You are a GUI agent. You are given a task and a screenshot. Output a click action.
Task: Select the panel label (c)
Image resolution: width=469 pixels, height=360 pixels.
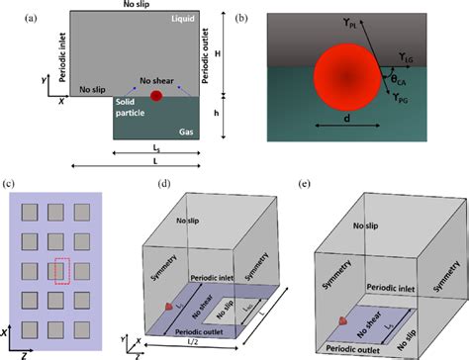point(11,184)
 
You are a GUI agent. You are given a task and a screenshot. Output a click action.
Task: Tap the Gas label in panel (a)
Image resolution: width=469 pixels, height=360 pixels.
point(184,130)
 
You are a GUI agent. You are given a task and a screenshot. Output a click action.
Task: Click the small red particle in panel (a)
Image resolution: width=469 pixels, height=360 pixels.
point(155,96)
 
